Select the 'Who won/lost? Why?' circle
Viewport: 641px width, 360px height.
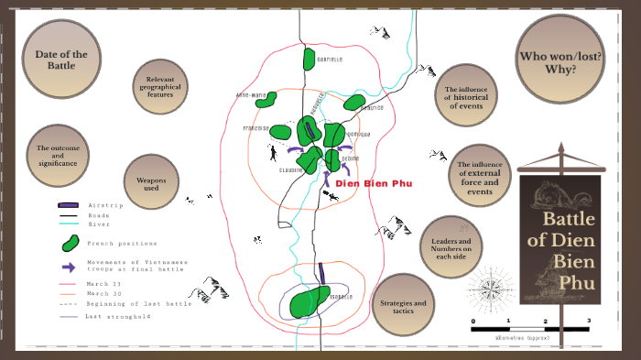[x=560, y=61]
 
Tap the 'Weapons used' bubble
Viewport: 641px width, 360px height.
[x=151, y=183]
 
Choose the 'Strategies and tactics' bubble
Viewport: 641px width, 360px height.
[x=402, y=306]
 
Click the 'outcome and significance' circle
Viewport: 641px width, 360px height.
[x=58, y=155]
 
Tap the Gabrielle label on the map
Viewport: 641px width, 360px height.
[x=330, y=60]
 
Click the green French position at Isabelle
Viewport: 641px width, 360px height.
[x=309, y=302]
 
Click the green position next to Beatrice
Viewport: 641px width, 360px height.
[x=354, y=102]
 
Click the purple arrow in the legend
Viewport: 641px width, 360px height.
[x=68, y=267]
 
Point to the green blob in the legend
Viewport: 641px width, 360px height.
[x=69, y=244]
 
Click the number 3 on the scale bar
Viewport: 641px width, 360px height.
[x=588, y=321]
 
